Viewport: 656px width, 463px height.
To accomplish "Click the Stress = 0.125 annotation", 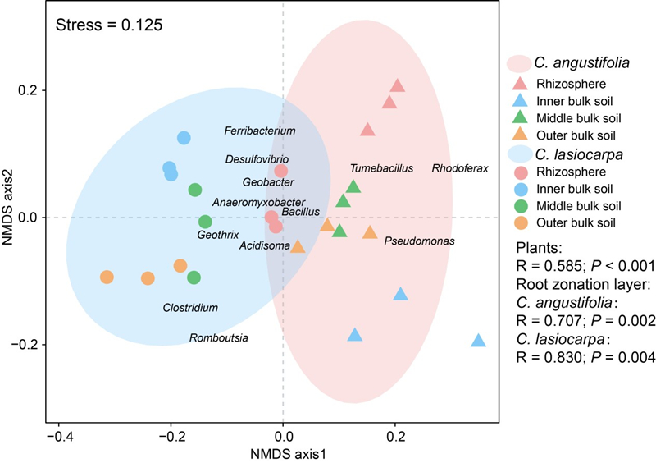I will (x=109, y=25).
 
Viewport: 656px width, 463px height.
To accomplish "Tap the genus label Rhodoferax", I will (x=460, y=168).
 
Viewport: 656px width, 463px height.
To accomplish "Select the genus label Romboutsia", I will (x=219, y=337).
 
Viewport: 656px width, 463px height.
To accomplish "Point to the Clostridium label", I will (x=189, y=308).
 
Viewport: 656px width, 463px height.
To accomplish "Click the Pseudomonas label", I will (x=419, y=241).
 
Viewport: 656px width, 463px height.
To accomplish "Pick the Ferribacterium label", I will (x=259, y=131).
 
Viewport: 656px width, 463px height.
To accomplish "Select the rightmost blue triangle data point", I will (x=479, y=341).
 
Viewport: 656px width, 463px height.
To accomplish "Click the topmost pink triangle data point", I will (x=398, y=85).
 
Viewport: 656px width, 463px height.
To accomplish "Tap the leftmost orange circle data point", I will (x=107, y=277).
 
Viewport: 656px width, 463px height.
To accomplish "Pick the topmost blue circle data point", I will (x=184, y=138).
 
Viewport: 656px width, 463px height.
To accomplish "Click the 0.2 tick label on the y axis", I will (x=29, y=90).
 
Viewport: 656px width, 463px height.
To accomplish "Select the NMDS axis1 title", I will (x=283, y=452).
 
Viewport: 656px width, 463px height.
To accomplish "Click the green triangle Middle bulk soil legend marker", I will (x=519, y=118).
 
